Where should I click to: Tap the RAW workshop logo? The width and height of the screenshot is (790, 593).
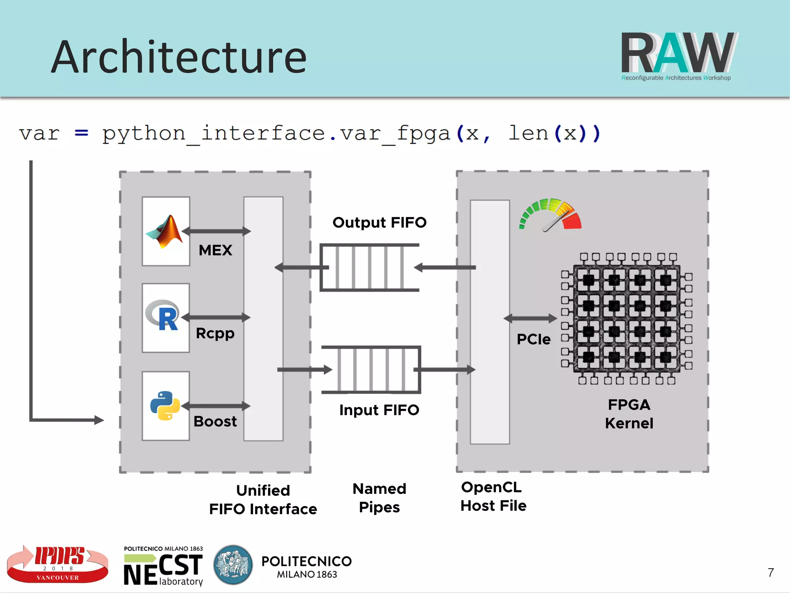pyautogui.click(x=679, y=56)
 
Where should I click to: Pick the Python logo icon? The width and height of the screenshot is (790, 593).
pyautogui.click(x=165, y=405)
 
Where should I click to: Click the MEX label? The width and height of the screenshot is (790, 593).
pyautogui.click(x=215, y=250)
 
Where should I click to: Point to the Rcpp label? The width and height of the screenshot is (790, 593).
pyautogui.click(x=215, y=333)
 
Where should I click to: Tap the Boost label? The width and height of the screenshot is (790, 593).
pyautogui.click(x=215, y=421)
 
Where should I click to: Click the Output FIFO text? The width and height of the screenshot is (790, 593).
pyautogui.click(x=379, y=223)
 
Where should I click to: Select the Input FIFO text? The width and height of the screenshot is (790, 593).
pyautogui.click(x=379, y=410)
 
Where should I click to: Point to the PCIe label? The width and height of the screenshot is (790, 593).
pyautogui.click(x=533, y=340)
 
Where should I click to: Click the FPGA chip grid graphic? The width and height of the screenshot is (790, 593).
pyautogui.click(x=626, y=318)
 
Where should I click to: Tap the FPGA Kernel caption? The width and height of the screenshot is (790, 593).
pyautogui.click(x=629, y=414)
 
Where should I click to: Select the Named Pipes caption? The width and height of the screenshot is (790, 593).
pyautogui.click(x=379, y=498)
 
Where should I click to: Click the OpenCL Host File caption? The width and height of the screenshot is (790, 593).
pyautogui.click(x=493, y=497)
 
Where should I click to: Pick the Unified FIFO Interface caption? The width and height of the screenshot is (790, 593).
pyautogui.click(x=263, y=500)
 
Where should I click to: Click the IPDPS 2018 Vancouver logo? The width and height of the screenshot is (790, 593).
pyautogui.click(x=58, y=564)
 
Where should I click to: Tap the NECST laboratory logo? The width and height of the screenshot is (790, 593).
pyautogui.click(x=163, y=566)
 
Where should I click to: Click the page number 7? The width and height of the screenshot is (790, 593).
pyautogui.click(x=770, y=573)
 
